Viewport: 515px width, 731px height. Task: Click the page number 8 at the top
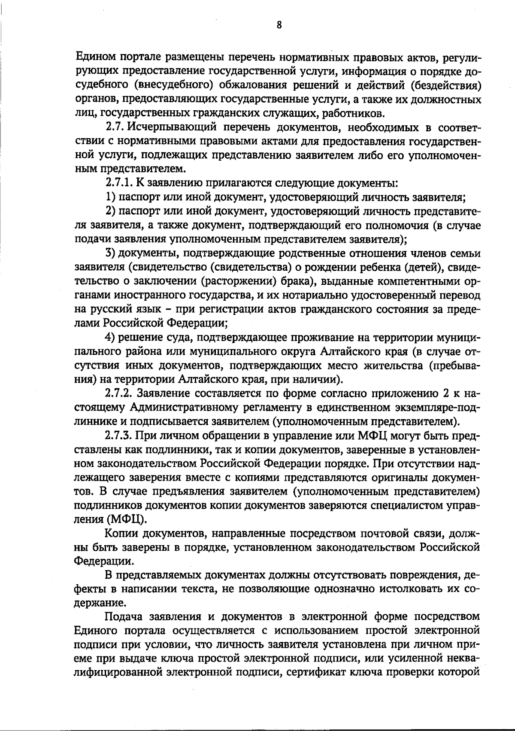click(x=279, y=25)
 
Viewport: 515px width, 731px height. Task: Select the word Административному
click(x=203, y=408)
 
